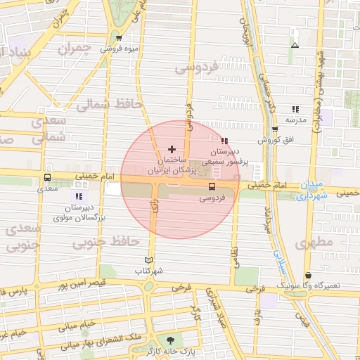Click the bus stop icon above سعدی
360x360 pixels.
coord(47,178)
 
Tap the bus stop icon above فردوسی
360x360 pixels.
coord(212,186)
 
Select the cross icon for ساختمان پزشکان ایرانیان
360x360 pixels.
coord(172,150)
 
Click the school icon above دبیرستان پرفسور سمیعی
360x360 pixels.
coord(224,141)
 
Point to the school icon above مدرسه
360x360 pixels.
coord(295,109)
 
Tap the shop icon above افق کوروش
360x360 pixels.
coord(274,129)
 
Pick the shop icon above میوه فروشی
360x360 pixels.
coord(119,39)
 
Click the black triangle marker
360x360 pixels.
coord(295,46)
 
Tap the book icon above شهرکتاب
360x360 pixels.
coord(148,259)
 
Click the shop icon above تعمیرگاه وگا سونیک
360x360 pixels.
coord(309,275)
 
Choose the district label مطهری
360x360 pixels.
coord(312,244)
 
